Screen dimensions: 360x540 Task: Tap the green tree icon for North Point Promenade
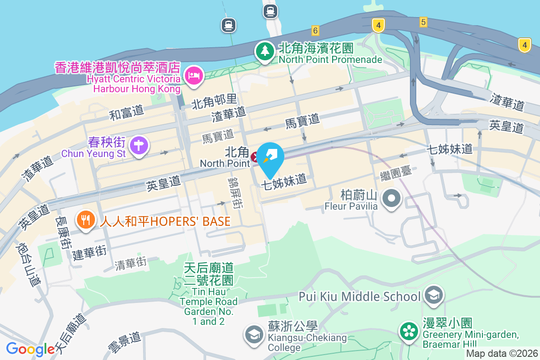(265, 51)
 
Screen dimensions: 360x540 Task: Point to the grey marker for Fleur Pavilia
(391, 198)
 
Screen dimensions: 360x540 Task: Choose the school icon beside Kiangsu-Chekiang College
(254, 334)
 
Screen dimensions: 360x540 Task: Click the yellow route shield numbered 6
(315, 30)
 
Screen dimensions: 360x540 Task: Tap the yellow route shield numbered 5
(423, 22)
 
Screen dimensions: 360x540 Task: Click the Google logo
(30, 349)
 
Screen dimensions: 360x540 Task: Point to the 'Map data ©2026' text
(501, 354)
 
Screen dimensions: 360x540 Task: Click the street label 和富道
(126, 112)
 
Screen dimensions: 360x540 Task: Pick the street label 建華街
(90, 252)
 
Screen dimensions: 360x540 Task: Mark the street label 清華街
(130, 263)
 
